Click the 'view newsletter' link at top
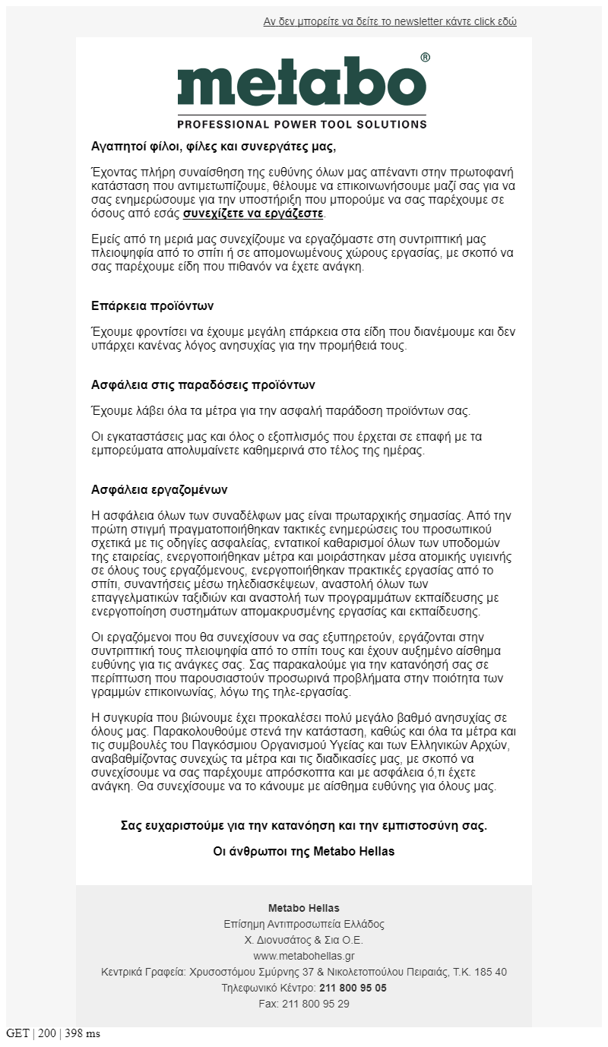[390, 22]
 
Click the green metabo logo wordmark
[302, 81]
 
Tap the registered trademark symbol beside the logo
[425, 58]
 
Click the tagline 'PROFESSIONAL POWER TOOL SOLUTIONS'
[302, 123]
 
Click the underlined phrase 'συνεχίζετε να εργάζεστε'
[253, 214]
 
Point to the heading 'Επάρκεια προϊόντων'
[152, 306]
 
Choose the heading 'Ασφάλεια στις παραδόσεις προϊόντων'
[203, 385]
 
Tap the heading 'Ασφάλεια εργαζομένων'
[159, 490]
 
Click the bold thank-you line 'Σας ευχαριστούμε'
[303, 826]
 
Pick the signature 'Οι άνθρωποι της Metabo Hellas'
[303, 852]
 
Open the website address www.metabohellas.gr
[303, 956]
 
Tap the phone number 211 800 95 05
[353, 988]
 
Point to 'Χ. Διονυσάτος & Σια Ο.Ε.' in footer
[303, 940]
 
